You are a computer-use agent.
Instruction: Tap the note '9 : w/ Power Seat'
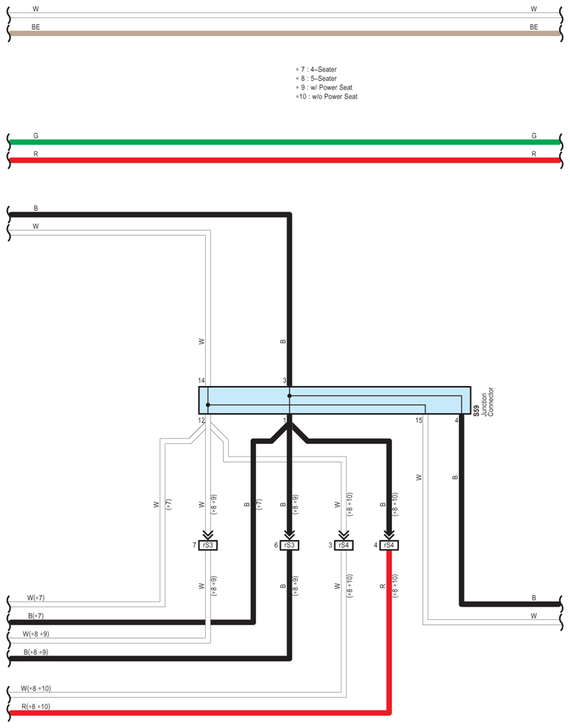click(328, 88)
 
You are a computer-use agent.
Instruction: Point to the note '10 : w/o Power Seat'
click(328, 97)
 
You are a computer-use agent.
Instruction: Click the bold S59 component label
click(477, 411)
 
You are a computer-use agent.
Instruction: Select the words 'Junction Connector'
click(486, 401)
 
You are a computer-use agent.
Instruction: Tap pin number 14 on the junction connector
click(202, 380)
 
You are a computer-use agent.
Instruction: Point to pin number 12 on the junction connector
click(202, 420)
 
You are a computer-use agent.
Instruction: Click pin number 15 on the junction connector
click(419, 420)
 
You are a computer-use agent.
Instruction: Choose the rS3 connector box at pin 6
click(290, 545)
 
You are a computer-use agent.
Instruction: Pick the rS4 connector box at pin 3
click(344, 545)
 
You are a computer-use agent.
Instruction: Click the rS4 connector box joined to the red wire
click(389, 545)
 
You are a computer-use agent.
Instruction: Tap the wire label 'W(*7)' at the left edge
click(35, 598)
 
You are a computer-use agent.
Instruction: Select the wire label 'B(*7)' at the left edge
click(35, 616)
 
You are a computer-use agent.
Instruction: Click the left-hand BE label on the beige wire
click(36, 27)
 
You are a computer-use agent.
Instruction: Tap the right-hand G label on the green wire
click(534, 136)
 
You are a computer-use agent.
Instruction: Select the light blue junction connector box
click(335, 399)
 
